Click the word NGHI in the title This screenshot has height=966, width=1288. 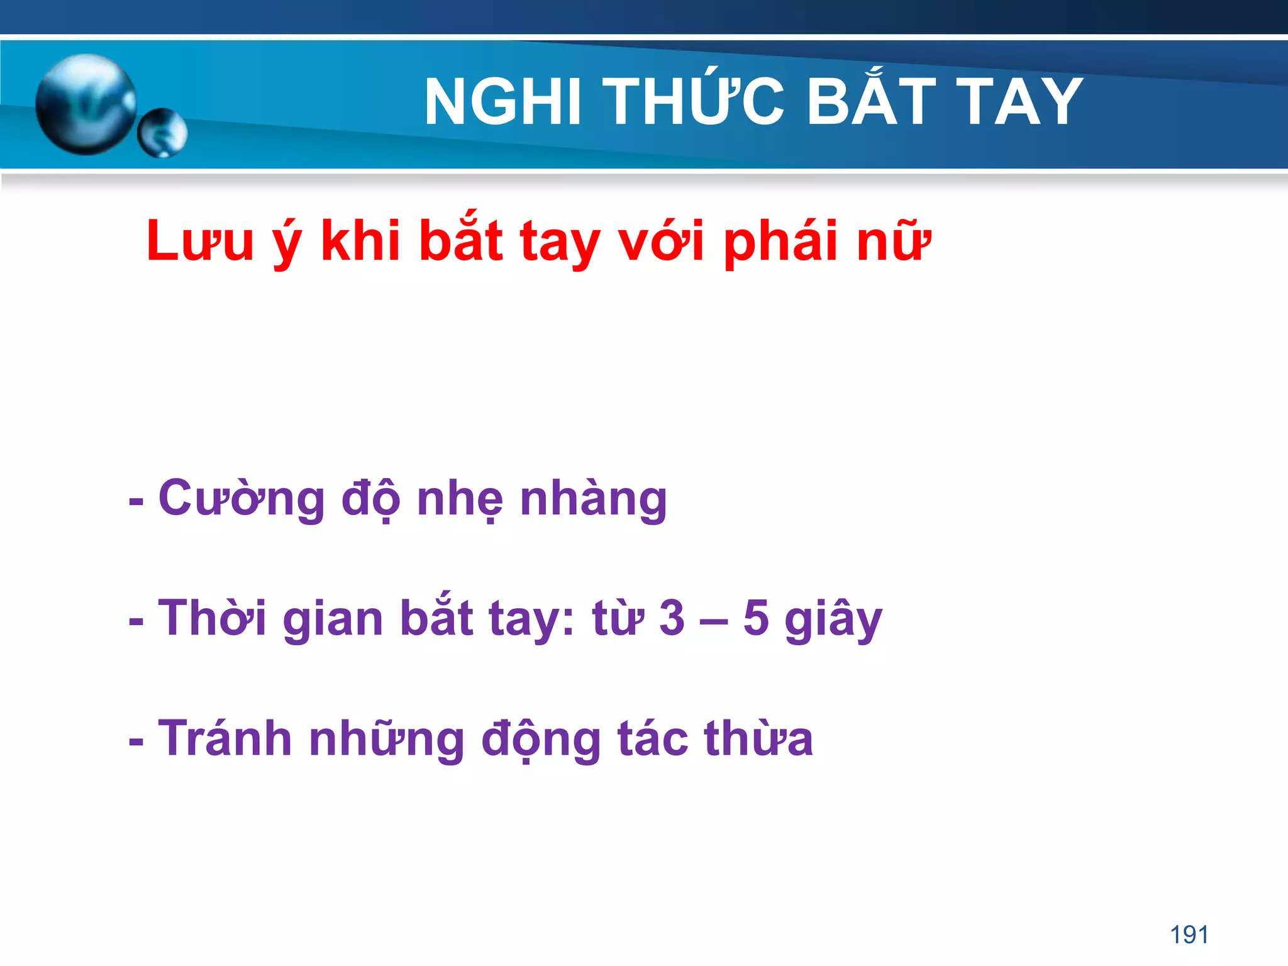502,102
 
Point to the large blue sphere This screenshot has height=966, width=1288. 85,104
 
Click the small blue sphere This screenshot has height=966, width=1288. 162,133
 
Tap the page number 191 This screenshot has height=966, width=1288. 1189,935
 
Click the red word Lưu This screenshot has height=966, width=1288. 199,241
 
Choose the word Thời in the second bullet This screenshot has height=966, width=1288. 212,618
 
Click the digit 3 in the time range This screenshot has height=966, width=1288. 672,618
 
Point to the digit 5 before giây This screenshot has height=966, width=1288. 756,618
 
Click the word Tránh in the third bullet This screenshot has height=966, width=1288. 225,738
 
